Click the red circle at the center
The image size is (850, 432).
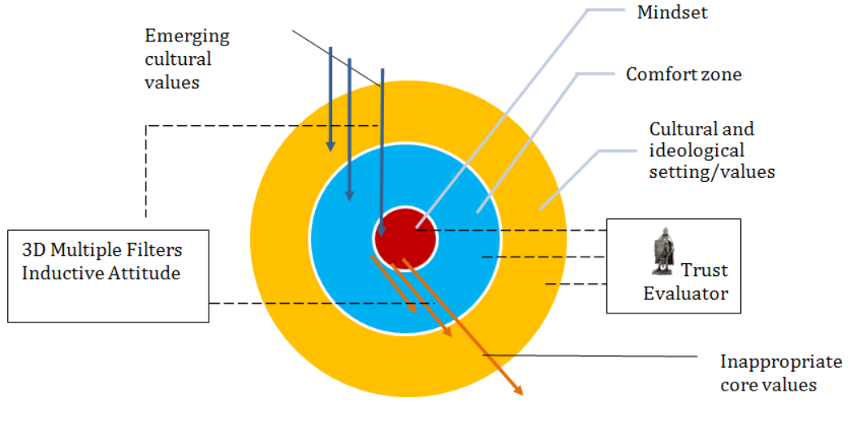(404, 238)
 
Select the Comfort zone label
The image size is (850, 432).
(684, 74)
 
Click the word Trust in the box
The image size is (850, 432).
(704, 270)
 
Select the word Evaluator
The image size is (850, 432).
(685, 293)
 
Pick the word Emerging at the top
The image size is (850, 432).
(188, 37)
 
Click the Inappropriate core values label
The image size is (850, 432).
(780, 373)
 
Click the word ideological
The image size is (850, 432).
(697, 150)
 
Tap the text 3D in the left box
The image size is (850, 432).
(34, 250)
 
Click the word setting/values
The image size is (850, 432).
(712, 171)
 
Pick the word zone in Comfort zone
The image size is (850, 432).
(722, 74)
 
